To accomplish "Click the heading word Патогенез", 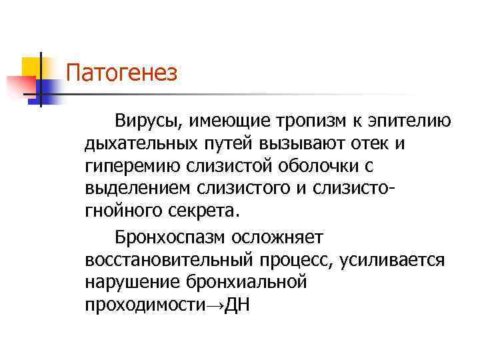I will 123,72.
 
